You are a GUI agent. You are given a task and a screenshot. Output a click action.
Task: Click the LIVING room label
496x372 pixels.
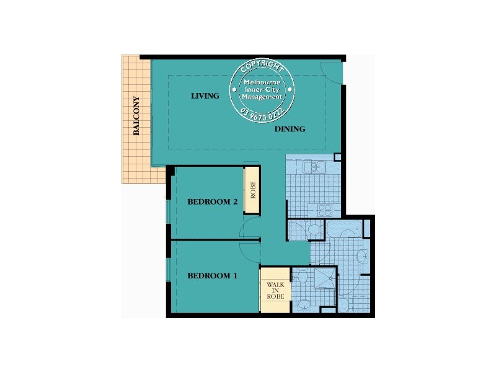205,96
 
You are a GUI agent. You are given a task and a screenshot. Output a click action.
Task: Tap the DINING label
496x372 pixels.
290,130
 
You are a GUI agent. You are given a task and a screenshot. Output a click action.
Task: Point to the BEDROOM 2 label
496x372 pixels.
213,201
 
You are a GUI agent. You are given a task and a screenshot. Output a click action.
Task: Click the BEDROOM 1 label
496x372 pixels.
213,276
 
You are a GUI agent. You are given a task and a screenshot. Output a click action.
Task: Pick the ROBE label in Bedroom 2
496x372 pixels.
252,190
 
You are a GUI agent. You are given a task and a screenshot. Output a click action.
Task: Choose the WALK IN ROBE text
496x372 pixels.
275,290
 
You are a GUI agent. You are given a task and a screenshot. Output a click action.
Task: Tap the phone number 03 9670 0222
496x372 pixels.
262,113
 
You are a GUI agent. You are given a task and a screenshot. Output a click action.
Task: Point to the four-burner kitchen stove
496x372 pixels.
325,210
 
